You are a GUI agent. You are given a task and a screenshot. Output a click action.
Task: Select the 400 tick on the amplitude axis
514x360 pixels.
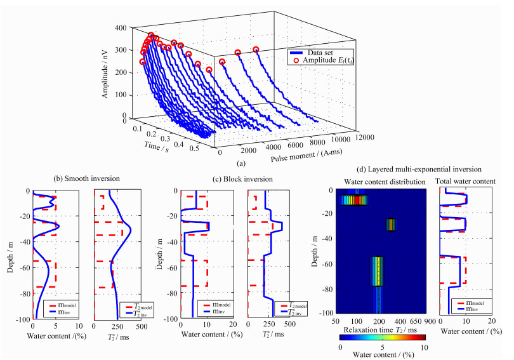coord(117,29)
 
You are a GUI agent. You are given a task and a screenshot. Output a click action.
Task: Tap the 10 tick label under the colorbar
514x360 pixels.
coord(424,347)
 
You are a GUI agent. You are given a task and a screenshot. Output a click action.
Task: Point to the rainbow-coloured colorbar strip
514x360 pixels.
coord(381,339)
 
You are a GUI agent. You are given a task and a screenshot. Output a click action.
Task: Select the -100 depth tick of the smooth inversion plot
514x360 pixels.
coord(22,318)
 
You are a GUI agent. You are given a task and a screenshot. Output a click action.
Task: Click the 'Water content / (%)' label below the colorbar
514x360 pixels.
coord(381,355)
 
